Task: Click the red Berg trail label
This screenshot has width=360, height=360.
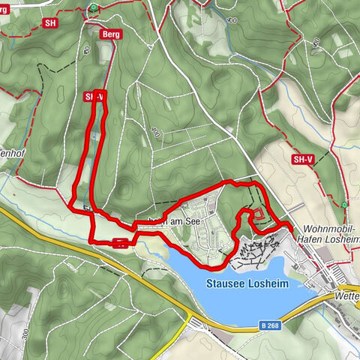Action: pos(110,34)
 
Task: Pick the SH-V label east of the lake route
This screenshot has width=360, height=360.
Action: pos(302,160)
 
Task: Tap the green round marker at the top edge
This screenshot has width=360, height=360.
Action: pos(93,7)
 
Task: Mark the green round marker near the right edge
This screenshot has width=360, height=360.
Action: pos(344,204)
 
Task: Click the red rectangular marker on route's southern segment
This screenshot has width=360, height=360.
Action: pos(120,241)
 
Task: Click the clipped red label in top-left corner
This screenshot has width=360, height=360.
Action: pos(4,9)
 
